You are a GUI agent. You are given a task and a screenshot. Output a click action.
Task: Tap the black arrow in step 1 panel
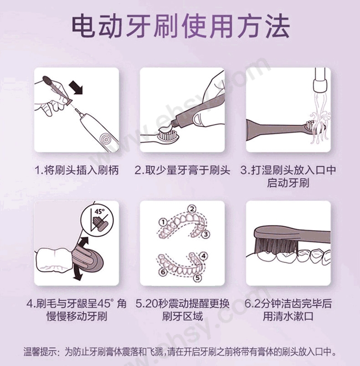coord(76,89)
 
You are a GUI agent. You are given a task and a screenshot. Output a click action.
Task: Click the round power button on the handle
coord(105,139)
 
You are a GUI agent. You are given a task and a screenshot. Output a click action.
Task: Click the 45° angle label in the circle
coord(99,211)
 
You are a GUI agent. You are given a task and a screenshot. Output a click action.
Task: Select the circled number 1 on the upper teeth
coord(163,222)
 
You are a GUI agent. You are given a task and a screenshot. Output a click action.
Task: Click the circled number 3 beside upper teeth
coord(206,234)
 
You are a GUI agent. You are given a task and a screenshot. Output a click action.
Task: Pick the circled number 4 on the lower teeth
coord(203,256)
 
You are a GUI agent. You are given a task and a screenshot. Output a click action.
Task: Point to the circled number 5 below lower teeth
coord(197,278)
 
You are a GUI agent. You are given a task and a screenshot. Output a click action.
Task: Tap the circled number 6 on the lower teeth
coord(163,272)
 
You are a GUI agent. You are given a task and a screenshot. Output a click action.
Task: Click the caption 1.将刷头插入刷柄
coord(77,170)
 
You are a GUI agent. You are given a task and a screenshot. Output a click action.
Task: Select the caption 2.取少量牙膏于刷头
coord(182,170)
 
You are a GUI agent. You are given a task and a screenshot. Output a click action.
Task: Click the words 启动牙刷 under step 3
coord(288,183)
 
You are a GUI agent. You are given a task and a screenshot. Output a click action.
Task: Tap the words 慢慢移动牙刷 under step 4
coord(77,316)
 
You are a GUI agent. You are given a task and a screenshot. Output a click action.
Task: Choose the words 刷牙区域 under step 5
coord(182,316)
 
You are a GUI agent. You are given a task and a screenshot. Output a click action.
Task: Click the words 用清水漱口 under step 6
coord(288,316)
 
